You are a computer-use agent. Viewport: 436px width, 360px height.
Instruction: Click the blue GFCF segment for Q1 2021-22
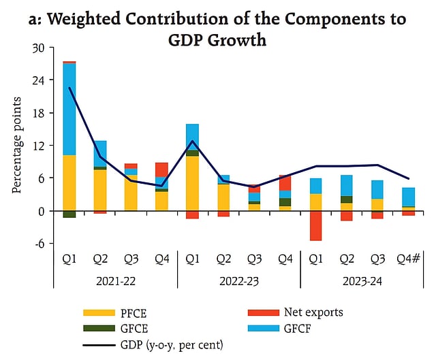point(69,109)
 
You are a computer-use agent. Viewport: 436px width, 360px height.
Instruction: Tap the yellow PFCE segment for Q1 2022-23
point(192,183)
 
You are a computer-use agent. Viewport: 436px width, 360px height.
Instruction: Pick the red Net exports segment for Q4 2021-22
point(161,169)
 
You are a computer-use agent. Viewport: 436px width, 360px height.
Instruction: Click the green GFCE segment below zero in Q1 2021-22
point(69,214)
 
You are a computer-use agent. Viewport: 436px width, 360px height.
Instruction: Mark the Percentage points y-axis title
point(18,144)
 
